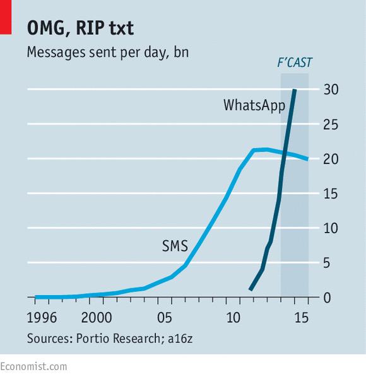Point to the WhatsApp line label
click(x=254, y=105)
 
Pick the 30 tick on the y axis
click(x=331, y=90)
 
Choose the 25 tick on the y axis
click(x=331, y=124)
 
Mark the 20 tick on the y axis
click(x=331, y=159)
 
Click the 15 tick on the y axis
click(x=331, y=194)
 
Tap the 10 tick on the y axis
click(x=331, y=228)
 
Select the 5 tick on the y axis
click(x=328, y=262)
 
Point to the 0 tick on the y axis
click(x=328, y=297)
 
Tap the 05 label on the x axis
click(x=165, y=316)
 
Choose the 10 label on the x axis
click(x=234, y=316)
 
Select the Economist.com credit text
click(x=33, y=366)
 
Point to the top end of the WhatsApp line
click(x=295, y=90)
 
